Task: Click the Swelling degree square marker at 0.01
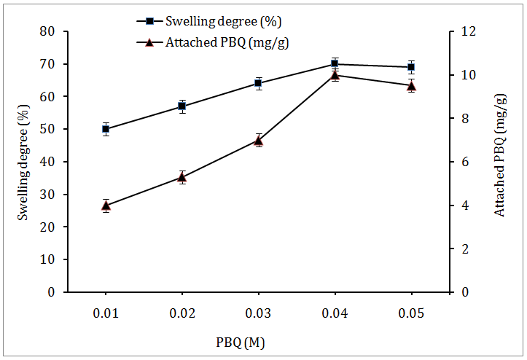(x=106, y=129)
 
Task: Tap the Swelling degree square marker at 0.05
(x=411, y=67)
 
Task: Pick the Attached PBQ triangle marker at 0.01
(x=106, y=206)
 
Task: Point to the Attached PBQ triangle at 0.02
(x=182, y=176)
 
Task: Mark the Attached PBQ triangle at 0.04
(x=335, y=75)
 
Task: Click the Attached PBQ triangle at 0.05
(x=411, y=85)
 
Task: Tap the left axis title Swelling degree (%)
(x=23, y=162)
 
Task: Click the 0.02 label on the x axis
(x=182, y=312)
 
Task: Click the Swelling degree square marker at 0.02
(x=182, y=106)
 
